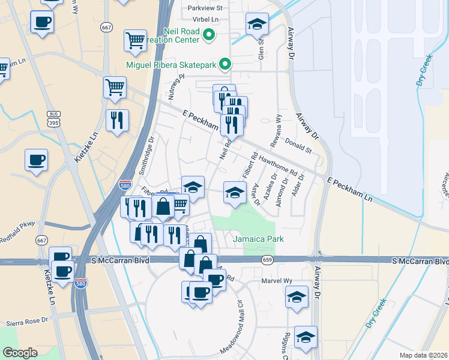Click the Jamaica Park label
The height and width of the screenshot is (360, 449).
(x=251, y=239)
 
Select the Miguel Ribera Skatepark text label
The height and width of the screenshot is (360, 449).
(x=170, y=64)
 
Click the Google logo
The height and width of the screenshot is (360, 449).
(x=20, y=352)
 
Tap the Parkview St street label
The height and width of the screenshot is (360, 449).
(x=205, y=8)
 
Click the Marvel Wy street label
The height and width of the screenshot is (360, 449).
(x=276, y=281)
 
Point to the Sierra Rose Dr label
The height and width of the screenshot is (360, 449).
(x=27, y=322)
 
